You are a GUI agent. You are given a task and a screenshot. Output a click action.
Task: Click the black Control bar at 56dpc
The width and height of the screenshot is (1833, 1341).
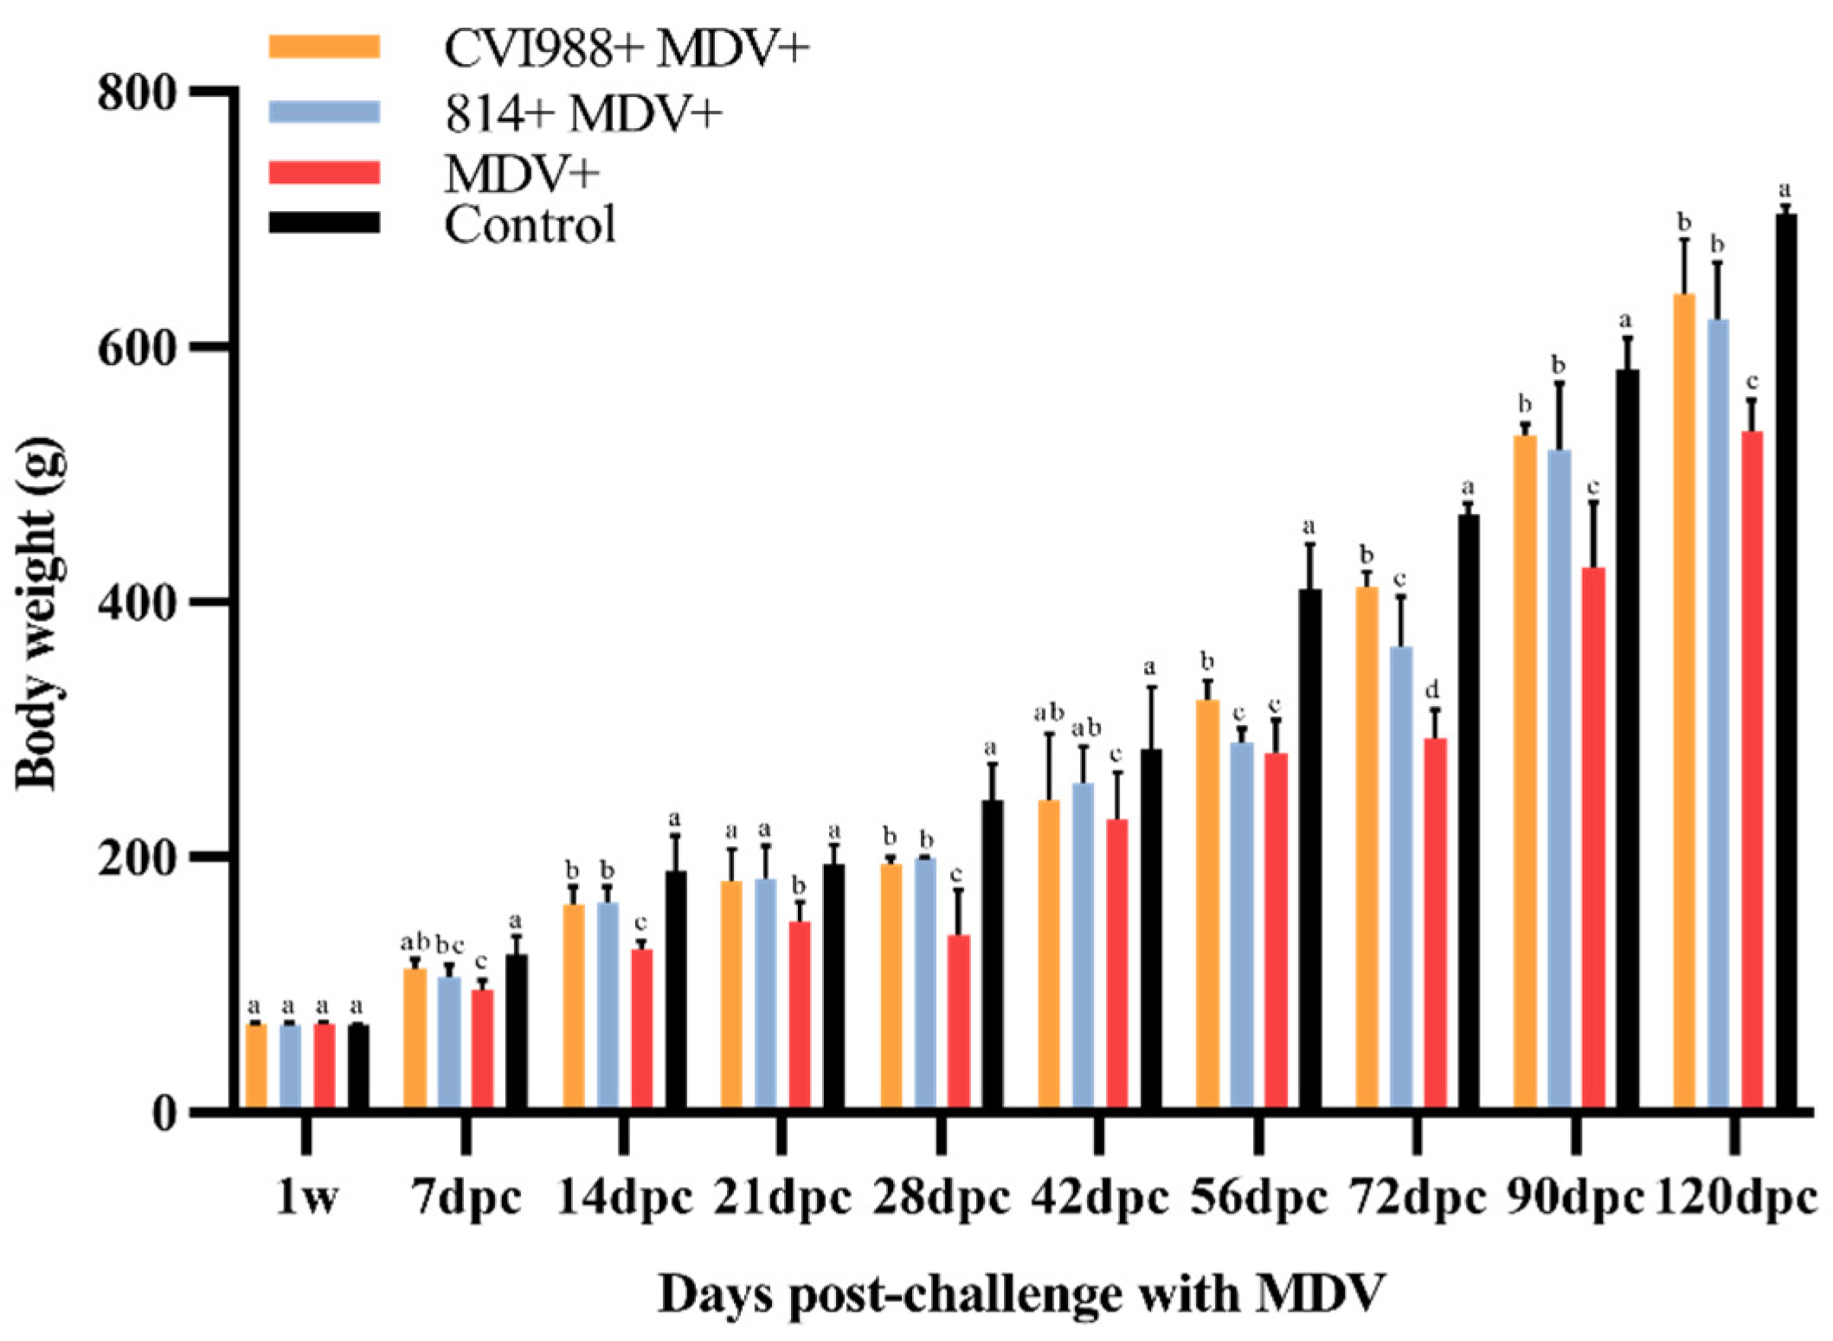(x=1309, y=848)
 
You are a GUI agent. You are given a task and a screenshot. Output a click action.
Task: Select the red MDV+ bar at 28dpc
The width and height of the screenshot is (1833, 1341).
(x=959, y=1021)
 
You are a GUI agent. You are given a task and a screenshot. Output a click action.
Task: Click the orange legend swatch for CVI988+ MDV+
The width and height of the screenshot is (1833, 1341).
(x=324, y=47)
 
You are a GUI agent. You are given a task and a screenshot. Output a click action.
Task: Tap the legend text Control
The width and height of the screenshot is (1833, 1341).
(x=530, y=224)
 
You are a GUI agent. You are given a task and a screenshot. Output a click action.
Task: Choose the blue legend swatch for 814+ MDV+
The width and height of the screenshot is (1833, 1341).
(x=324, y=112)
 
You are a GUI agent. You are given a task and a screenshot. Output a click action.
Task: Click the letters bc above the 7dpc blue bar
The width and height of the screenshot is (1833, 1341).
(x=450, y=943)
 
